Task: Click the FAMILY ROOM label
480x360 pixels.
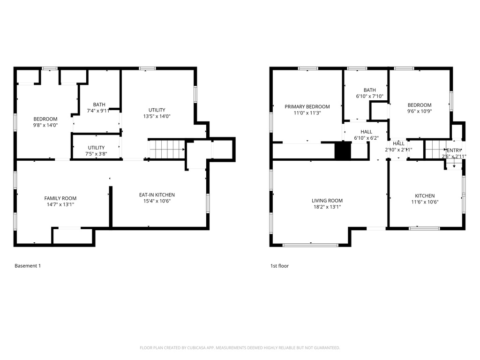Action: click(60, 198)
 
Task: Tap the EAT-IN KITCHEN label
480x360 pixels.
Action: click(157, 195)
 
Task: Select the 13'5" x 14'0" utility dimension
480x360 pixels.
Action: click(157, 116)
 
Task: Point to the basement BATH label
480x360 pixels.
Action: click(99, 105)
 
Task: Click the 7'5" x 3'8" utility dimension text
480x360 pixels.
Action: click(96, 154)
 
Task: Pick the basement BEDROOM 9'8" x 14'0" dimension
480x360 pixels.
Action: click(45, 125)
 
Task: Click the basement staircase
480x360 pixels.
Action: click(166, 150)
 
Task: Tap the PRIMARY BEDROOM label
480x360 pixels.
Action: click(307, 106)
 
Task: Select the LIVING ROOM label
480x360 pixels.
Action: click(327, 201)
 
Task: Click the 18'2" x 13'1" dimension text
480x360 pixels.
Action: click(327, 207)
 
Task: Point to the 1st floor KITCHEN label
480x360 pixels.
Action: click(424, 196)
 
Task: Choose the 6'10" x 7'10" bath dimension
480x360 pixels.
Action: click(370, 96)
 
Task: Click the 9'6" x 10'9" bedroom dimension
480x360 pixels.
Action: click(419, 112)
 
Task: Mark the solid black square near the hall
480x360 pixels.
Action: click(343, 150)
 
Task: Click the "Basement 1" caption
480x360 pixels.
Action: click(28, 266)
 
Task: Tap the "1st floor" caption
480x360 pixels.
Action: click(279, 266)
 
